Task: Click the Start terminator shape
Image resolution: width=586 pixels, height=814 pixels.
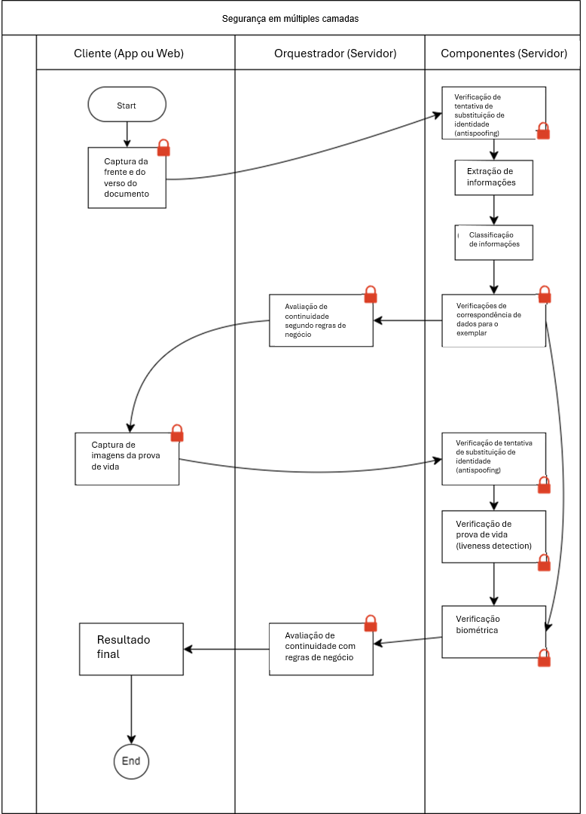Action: [x=127, y=104]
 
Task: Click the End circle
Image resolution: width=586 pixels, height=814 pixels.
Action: [x=131, y=761]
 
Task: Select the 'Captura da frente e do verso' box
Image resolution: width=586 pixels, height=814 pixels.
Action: [x=127, y=178]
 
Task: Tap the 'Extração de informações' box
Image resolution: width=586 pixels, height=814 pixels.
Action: [x=493, y=178]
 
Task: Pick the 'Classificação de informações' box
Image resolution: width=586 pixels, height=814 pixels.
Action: [x=493, y=243]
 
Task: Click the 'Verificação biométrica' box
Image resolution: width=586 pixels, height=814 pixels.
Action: [x=493, y=632]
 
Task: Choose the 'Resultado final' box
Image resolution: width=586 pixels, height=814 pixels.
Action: [x=131, y=649]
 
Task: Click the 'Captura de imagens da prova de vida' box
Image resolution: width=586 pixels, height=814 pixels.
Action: [x=127, y=459]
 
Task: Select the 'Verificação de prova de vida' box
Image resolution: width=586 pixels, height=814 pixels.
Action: [x=493, y=537]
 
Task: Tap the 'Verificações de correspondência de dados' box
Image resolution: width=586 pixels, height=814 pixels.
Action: [x=493, y=320]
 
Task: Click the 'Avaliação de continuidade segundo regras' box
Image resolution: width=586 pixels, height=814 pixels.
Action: [x=321, y=320]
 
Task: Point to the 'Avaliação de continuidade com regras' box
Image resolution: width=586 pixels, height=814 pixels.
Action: [x=321, y=649]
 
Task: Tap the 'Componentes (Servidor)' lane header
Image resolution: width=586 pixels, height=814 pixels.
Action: [x=502, y=53]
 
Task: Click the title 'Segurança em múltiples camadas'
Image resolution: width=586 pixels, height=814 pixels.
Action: [x=291, y=19]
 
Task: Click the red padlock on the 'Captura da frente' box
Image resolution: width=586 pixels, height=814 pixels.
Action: [x=163, y=148]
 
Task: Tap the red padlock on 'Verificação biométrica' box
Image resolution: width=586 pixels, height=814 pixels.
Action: [x=544, y=658]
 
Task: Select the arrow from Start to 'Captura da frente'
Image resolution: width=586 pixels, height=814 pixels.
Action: [x=127, y=134]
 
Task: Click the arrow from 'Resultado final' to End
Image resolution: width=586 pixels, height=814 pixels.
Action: [x=131, y=710]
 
